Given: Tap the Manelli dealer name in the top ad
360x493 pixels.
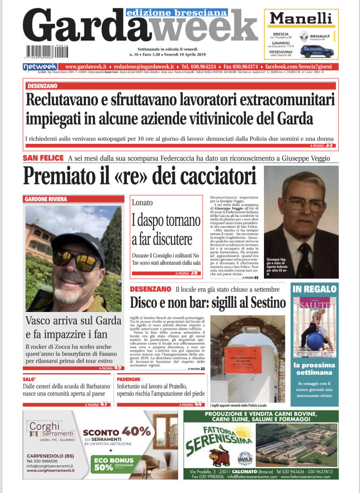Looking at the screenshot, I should coord(300,19).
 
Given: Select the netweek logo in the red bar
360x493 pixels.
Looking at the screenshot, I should coord(40,67).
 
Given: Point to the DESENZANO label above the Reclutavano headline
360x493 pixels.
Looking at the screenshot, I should coord(42,85).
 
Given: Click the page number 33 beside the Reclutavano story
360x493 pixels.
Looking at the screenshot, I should coord(329,144).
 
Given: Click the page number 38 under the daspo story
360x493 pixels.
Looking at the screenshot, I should coord(194,273).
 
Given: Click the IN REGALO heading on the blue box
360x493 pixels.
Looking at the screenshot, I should coord(314,289).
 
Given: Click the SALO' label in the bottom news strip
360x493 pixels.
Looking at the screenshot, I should coord(30,380).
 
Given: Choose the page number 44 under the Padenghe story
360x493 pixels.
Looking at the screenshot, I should coord(198,404).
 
